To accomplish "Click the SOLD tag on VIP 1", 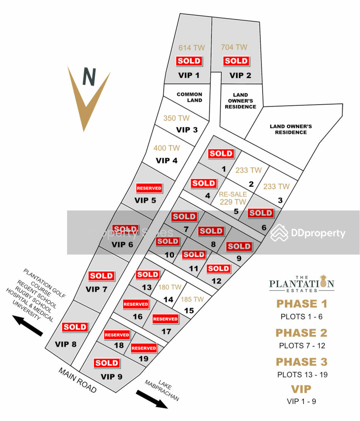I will pyautogui.click(x=189, y=61).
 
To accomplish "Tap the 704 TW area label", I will pyautogui.click(x=234, y=47).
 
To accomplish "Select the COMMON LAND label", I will pyautogui.click(x=189, y=97).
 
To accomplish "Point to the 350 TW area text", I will pyautogui.click(x=176, y=118).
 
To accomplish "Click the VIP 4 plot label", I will pyautogui.click(x=167, y=161).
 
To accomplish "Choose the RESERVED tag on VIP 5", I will pyautogui.click(x=149, y=188).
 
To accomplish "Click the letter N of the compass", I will pyautogui.click(x=89, y=77).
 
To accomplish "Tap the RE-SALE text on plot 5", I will pyautogui.click(x=233, y=194).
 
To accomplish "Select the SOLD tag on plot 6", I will pyautogui.click(x=261, y=213).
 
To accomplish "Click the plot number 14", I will pyautogui.click(x=168, y=299).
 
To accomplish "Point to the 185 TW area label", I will pyautogui.click(x=192, y=299).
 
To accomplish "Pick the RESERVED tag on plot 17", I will pyautogui.click(x=165, y=319).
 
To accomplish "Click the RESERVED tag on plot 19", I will pyautogui.click(x=144, y=348).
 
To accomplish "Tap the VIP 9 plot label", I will pyautogui.click(x=111, y=377).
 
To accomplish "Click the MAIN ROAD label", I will pyautogui.click(x=77, y=380).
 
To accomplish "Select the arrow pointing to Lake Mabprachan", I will pyautogui.click(x=152, y=399).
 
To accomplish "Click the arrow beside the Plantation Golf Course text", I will pyautogui.click(x=27, y=325).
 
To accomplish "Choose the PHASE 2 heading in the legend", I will pyautogui.click(x=301, y=333).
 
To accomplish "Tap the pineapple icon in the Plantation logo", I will pyautogui.click(x=323, y=281).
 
